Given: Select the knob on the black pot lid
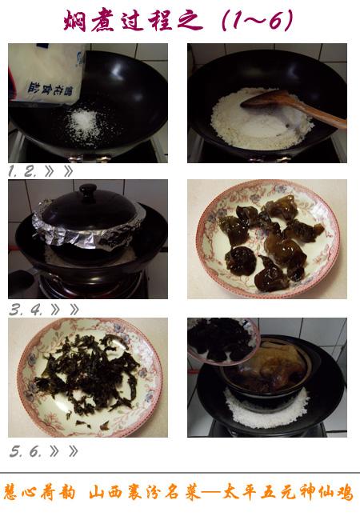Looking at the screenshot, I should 89,192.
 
